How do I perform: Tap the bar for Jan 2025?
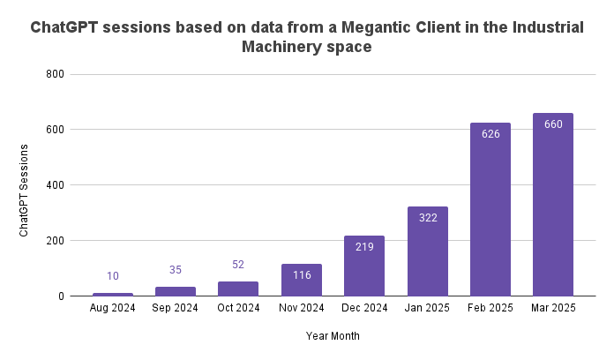click(428, 251)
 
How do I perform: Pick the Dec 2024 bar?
click(364, 266)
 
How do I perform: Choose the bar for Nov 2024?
click(302, 280)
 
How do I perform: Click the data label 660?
click(553, 124)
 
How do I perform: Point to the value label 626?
click(490, 134)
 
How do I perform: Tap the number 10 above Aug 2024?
click(113, 276)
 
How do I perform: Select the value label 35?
click(176, 270)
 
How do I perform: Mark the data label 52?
click(238, 265)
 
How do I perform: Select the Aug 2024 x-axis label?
click(113, 308)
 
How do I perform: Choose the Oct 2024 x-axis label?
click(238, 308)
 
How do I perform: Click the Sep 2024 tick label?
click(176, 308)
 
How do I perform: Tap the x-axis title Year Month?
click(333, 336)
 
